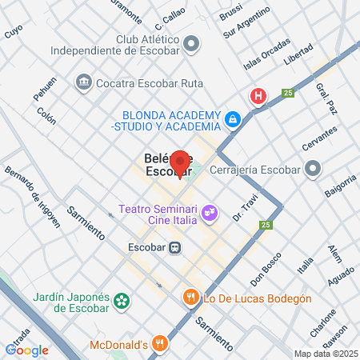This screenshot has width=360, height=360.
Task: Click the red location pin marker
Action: [x=181, y=163]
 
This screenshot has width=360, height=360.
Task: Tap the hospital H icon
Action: [x=258, y=98]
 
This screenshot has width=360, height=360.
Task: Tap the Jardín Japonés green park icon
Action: [x=121, y=301]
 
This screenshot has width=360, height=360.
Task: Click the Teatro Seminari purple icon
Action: [x=209, y=213]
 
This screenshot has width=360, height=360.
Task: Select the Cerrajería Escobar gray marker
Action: [x=313, y=170]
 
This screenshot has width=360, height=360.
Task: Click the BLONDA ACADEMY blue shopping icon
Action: [x=232, y=119]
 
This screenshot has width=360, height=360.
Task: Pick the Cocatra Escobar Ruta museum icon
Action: [x=83, y=82]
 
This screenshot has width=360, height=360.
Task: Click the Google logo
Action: [x=26, y=350]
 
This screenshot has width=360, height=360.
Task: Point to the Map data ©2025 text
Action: [x=325, y=354]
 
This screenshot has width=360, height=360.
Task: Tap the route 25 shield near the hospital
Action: [x=286, y=94]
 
